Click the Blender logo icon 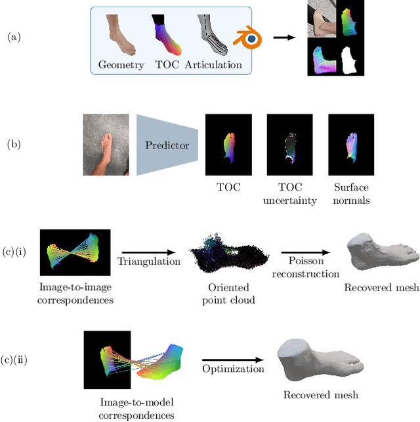pyautogui.click(x=249, y=40)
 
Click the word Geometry pyautogui.click(x=121, y=64)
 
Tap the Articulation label pyautogui.click(x=213, y=64)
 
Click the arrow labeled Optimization pyautogui.click(x=233, y=359)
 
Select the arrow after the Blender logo pyautogui.click(x=283, y=37)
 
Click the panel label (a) pyautogui.click(x=13, y=37)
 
